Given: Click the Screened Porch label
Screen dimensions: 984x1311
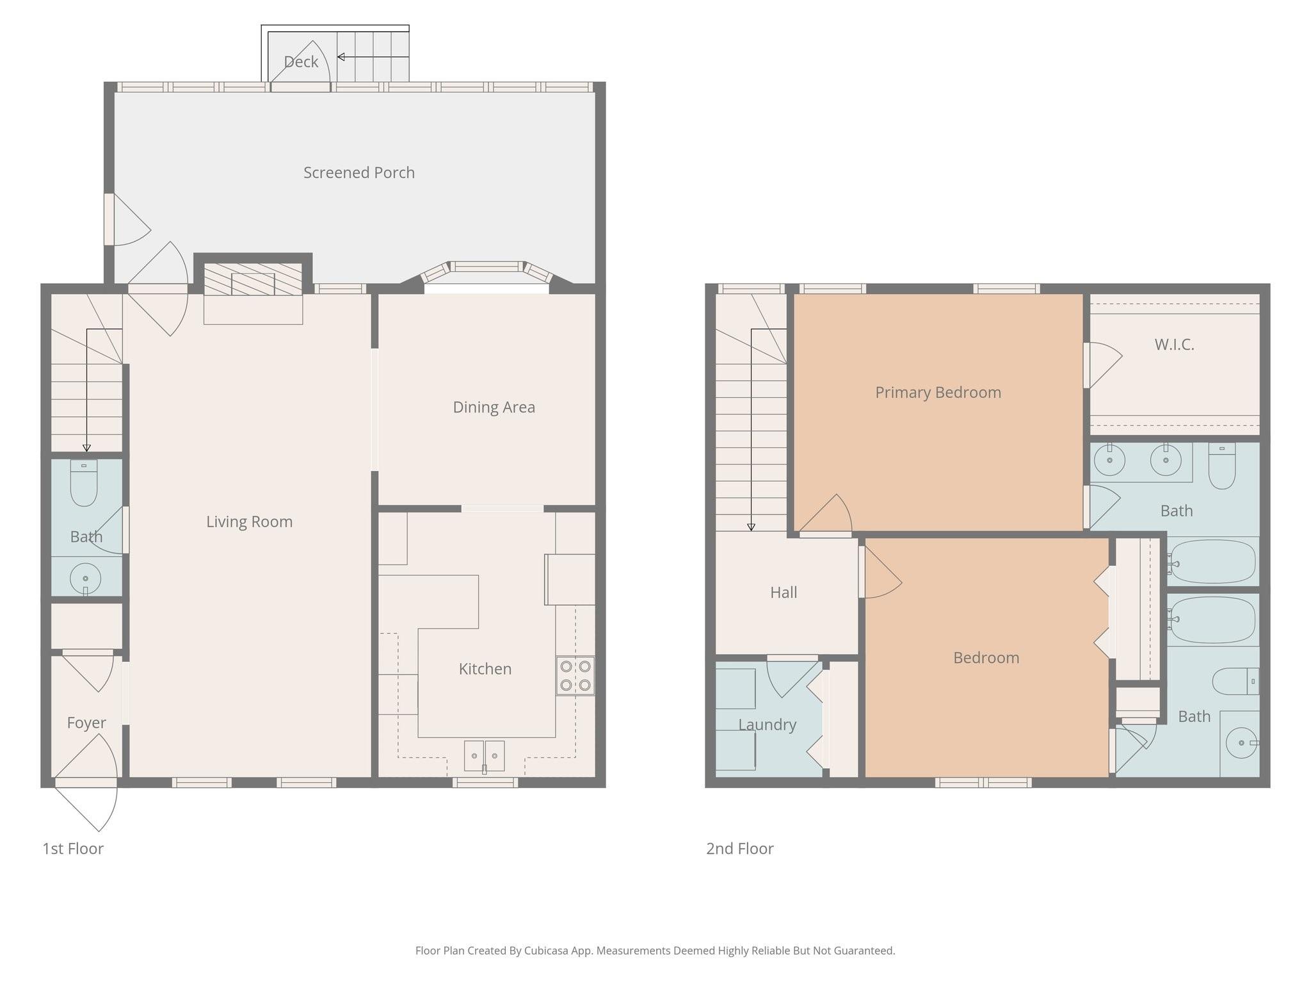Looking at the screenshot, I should click(x=358, y=172).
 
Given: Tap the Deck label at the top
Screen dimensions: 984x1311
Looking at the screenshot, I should click(x=301, y=61).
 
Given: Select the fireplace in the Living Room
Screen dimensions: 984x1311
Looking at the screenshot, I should click(x=253, y=280).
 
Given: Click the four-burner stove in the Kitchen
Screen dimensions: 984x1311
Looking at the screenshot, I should click(x=575, y=675).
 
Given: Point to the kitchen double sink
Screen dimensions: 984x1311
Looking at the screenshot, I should click(x=484, y=756).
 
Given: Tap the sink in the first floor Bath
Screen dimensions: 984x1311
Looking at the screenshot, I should click(x=85, y=578).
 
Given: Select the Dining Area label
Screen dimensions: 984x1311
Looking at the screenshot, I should click(x=494, y=407).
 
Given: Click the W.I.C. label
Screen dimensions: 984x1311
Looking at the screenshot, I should click(x=1174, y=345).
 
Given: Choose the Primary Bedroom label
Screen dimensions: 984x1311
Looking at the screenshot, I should click(x=938, y=392).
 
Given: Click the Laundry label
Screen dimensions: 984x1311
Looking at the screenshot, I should click(x=767, y=725).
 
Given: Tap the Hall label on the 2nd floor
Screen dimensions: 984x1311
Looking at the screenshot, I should click(x=784, y=592).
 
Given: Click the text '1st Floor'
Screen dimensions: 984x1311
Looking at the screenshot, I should click(x=73, y=848).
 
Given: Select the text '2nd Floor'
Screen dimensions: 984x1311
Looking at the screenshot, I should click(x=739, y=848).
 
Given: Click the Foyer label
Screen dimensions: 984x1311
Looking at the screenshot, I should click(x=86, y=723).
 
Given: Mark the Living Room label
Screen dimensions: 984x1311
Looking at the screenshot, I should click(x=249, y=521).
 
